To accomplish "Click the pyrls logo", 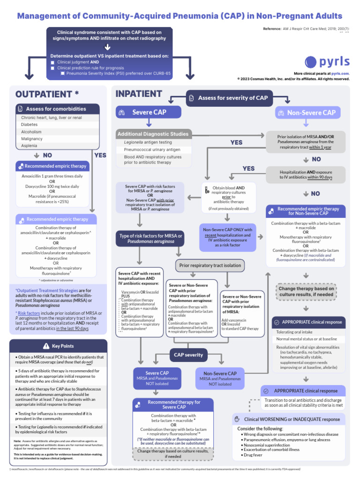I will click(x=327, y=61).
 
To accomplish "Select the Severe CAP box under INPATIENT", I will click(x=149, y=112).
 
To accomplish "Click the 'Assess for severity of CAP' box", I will click(x=227, y=97).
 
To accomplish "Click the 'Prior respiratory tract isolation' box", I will click(x=210, y=265).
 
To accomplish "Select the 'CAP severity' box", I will click(x=188, y=354).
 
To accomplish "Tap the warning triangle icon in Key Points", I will click(x=45, y=346).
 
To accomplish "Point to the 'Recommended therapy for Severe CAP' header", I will click(x=173, y=405).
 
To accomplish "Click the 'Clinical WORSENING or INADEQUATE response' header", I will click(x=288, y=419).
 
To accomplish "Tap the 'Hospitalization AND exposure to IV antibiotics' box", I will click(x=306, y=175).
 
